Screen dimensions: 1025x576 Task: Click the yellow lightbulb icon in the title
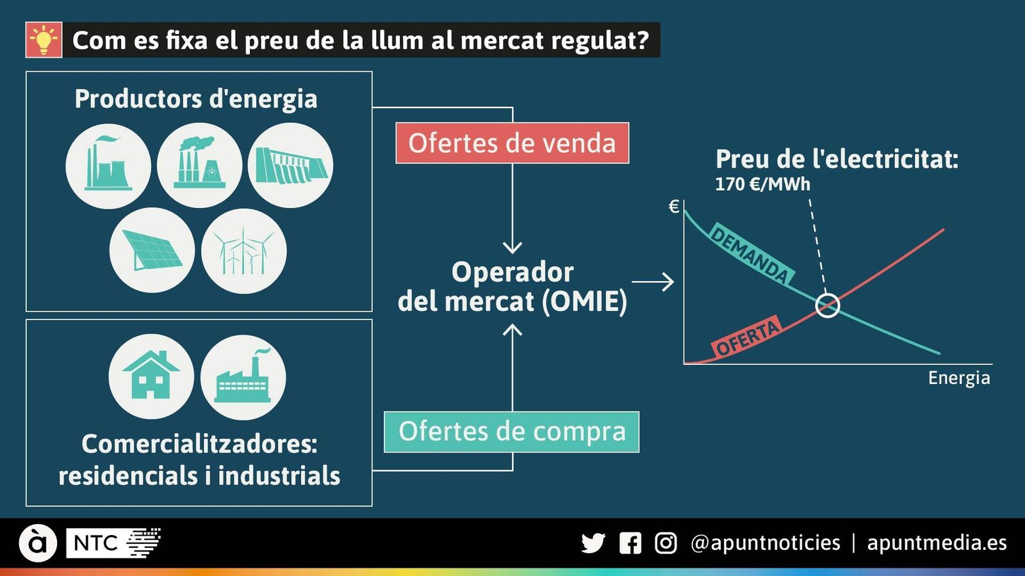pos(44,40)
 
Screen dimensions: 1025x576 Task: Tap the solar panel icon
pos(152,250)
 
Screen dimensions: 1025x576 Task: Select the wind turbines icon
pos(244,250)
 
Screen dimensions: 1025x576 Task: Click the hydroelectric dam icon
pos(291,166)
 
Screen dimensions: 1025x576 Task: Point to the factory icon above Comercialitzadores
pos(243,377)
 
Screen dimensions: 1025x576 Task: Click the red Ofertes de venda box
pos(512,143)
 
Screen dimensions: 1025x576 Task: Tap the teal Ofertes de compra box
pos(512,432)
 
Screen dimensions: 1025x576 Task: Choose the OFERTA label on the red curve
pos(748,337)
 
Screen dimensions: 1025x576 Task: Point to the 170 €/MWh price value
pos(762,184)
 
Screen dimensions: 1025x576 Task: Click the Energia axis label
pos(959,378)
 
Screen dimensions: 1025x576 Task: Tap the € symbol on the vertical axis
pos(673,207)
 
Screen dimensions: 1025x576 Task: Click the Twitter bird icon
pos(593,543)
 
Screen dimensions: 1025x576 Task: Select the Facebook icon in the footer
pos(630,543)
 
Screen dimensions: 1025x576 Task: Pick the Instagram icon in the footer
pos(666,543)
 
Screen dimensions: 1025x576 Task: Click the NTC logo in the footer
pos(113,543)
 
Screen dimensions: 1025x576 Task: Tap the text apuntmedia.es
pos(937,543)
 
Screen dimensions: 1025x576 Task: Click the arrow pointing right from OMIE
pos(653,282)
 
